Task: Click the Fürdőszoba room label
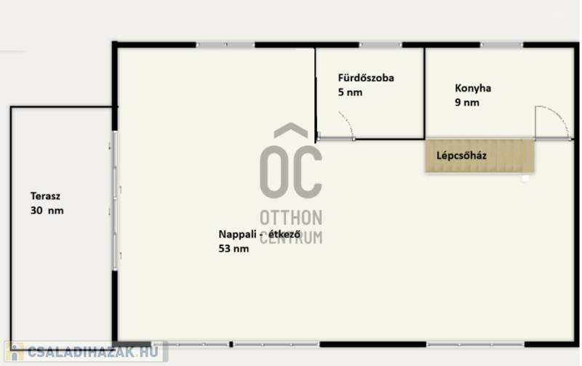pos(366,78)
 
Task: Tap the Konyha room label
pos(473,88)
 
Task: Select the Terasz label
pos(45,196)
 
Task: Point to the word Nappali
pos(237,234)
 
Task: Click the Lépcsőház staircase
pos(479,156)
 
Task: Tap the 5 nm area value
pos(350,92)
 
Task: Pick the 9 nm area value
pos(467,103)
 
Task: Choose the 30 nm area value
pos(47,210)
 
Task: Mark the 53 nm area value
pos(234,249)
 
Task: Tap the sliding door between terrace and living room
pos(115,200)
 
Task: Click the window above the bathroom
pos(380,45)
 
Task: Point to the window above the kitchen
pos(501,45)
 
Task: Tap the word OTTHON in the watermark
pos(291,218)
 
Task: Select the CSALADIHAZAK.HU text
pos(93,352)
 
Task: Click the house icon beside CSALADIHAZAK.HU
pos(14,352)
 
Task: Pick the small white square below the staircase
pos(525,178)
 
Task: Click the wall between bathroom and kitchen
pos(424,93)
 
